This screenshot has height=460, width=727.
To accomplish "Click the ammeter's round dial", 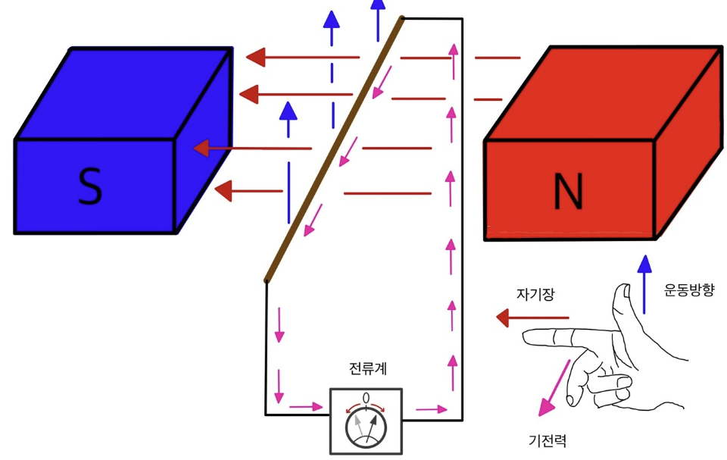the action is tap(366, 427).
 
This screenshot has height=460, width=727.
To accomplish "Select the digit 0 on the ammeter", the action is tap(367, 398).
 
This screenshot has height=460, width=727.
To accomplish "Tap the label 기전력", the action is tap(548, 440).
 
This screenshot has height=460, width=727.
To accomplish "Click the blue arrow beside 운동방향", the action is tap(644, 284).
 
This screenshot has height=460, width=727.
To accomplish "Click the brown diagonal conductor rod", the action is tap(334, 149).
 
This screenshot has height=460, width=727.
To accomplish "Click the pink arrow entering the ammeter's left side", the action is tap(306, 407).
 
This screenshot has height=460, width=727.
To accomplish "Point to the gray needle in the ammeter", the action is tap(357, 423).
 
